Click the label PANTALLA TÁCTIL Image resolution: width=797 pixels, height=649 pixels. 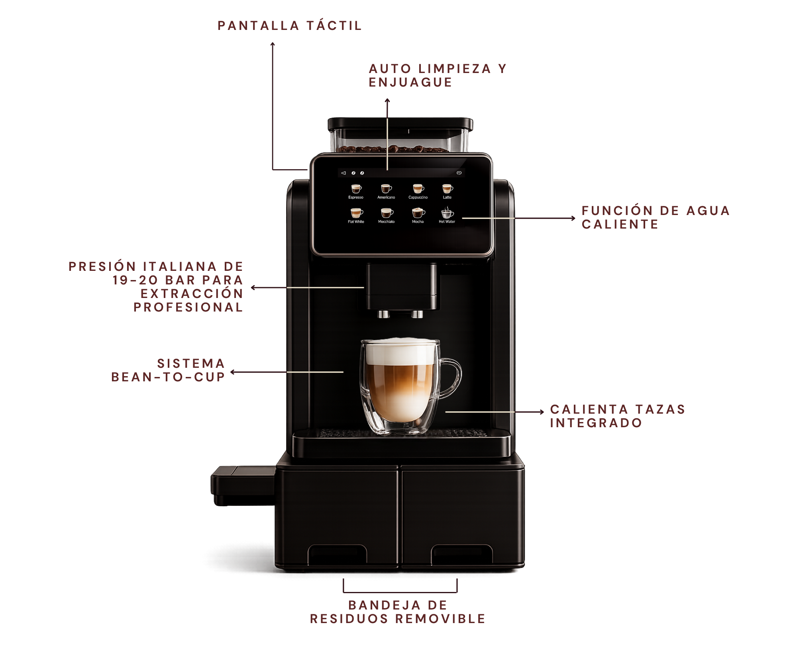[x=290, y=26]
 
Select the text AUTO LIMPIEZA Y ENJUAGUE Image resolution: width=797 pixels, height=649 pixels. [x=438, y=75]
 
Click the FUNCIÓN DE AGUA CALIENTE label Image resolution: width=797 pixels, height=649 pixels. [x=656, y=217]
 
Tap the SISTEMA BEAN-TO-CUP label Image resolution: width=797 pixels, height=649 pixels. [x=168, y=370]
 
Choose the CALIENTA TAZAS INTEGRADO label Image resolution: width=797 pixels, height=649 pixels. [x=618, y=416]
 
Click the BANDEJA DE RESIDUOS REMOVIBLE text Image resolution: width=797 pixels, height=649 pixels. [x=398, y=612]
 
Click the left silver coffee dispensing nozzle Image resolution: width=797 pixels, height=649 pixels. [x=383, y=314]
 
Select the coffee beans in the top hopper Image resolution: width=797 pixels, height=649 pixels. [x=393, y=149]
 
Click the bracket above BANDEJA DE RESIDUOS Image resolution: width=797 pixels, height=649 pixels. [x=400, y=592]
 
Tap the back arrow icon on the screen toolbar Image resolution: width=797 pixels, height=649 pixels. [x=344, y=173]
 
